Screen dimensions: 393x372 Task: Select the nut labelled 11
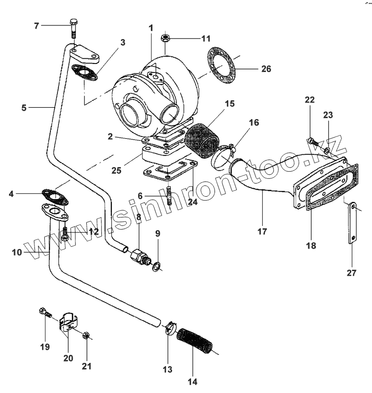pos(165,37)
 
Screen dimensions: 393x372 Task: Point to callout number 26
pos(266,69)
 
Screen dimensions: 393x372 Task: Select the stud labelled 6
pos(169,194)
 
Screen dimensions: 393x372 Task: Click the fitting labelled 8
pos(138,255)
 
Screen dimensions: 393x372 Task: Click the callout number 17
pos(262,231)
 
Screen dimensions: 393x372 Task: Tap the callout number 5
pos(24,107)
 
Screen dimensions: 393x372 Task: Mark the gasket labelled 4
pos(55,197)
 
